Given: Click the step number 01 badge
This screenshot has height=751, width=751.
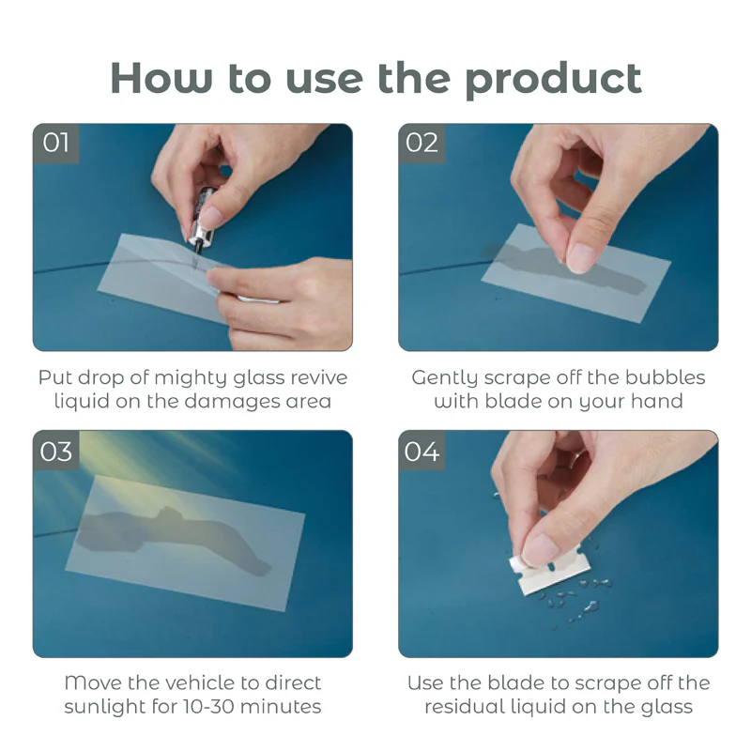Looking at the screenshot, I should point(56,143).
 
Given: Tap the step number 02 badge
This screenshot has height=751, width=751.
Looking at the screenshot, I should point(422,143).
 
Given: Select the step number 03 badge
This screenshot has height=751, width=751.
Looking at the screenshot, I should point(56,452).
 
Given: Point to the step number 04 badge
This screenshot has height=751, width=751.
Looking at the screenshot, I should point(422,452).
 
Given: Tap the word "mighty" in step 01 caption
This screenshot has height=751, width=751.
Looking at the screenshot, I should point(205,378).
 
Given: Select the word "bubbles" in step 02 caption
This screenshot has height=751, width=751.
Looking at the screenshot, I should point(666,377).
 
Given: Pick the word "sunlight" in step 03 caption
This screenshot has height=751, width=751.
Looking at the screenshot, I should point(101,707).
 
